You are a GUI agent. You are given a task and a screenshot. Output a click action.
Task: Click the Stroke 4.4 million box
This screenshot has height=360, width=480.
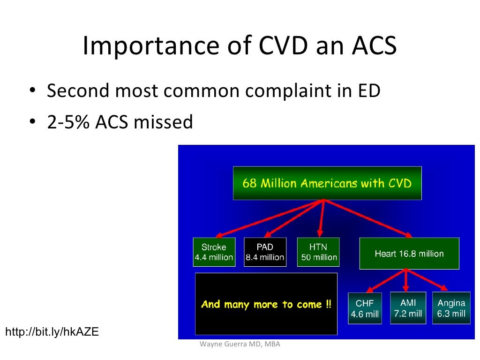click(214, 252)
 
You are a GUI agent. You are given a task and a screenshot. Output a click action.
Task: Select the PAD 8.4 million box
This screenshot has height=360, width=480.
click(265, 252)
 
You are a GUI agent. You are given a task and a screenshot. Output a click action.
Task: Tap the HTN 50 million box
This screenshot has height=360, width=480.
click(318, 252)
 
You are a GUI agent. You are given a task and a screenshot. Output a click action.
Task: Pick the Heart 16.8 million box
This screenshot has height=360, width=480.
click(409, 254)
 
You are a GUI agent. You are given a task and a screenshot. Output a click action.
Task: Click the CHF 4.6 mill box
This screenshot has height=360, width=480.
click(365, 308)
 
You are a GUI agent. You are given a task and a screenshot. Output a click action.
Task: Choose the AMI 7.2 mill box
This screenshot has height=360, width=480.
click(408, 308)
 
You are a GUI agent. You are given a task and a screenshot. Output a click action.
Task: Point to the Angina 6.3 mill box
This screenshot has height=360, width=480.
click(451, 308)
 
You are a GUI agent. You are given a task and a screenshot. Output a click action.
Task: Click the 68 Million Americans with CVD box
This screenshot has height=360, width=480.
click(327, 183)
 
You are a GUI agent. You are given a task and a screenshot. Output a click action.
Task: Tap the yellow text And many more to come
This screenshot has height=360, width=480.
click(266, 304)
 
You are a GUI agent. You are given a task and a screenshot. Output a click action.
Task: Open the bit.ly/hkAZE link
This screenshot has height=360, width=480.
click(52, 332)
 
